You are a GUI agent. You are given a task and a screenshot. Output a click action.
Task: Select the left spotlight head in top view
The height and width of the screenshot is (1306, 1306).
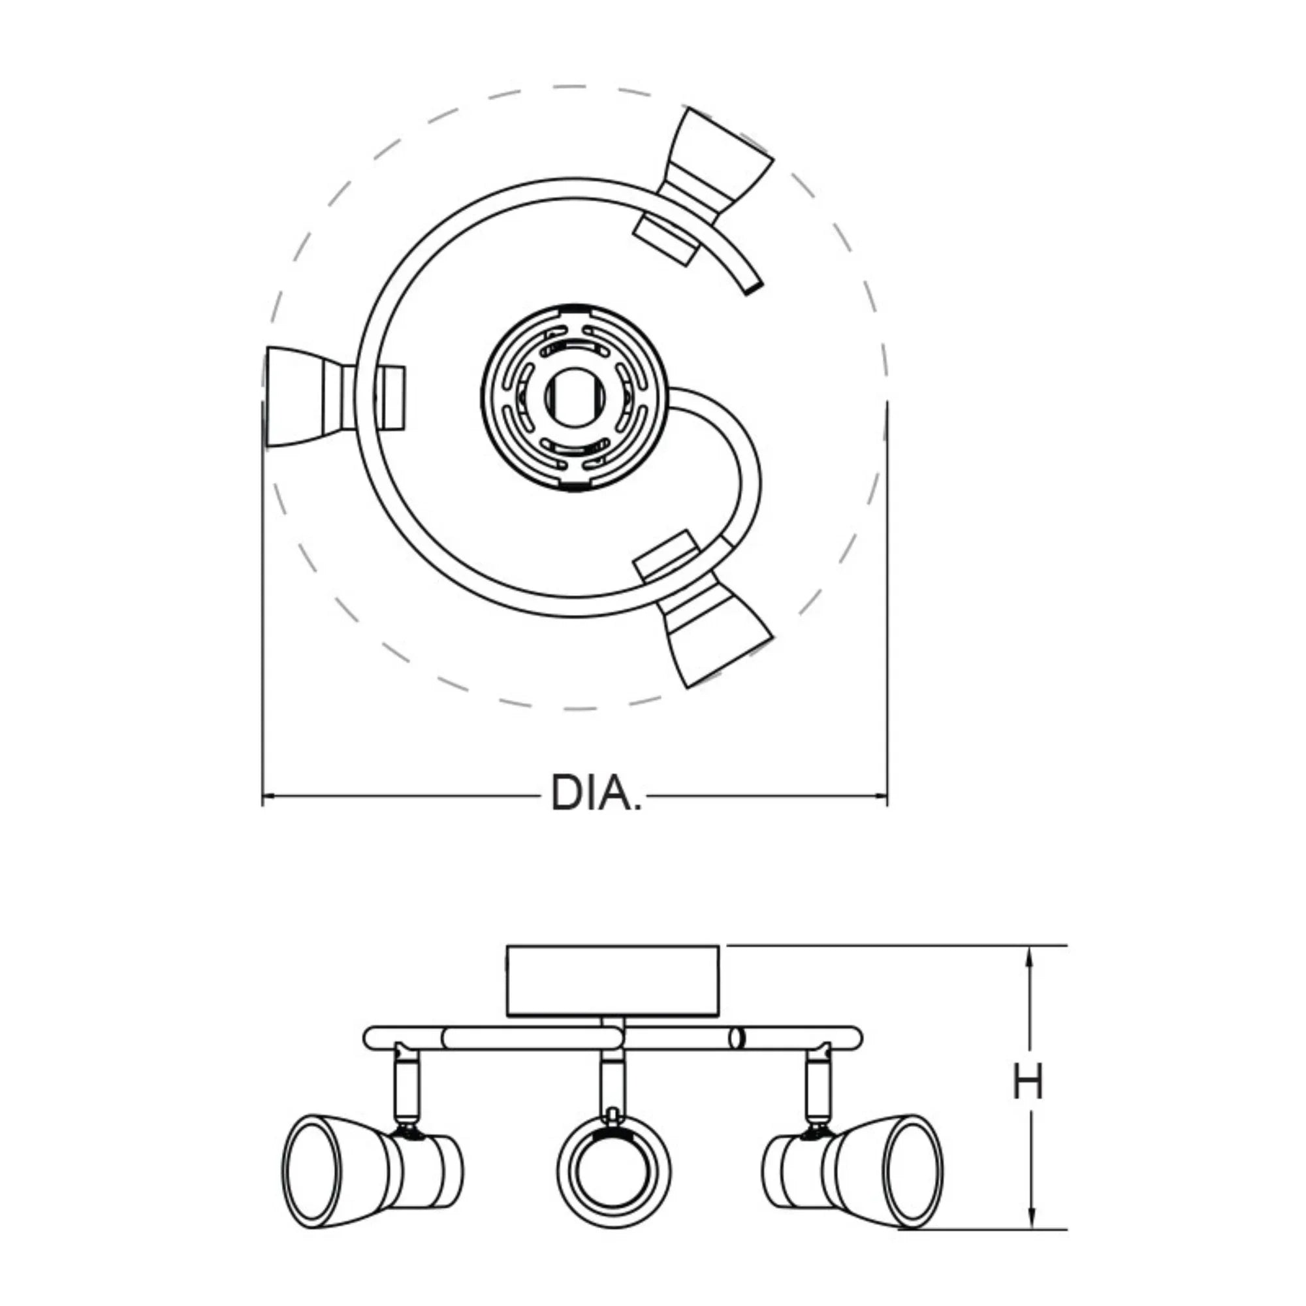click(334, 397)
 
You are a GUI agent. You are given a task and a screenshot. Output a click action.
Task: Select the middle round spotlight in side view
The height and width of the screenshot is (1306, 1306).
click(614, 1168)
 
